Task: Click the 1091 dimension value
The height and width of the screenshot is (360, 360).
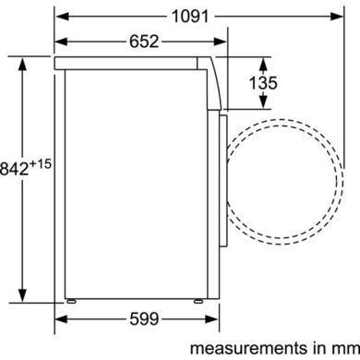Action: [x=190, y=16]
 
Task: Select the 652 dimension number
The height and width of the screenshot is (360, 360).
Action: [x=144, y=42]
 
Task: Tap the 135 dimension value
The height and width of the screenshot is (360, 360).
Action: [x=263, y=83]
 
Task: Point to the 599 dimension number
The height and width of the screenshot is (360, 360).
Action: [x=144, y=318]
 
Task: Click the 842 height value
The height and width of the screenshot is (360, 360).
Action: [x=14, y=169]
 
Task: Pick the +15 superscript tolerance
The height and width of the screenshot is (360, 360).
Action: [x=41, y=164]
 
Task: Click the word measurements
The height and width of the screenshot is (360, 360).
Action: [x=248, y=349]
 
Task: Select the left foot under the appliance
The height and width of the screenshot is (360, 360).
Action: [x=71, y=301]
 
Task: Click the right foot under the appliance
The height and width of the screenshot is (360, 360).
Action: [x=198, y=301]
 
